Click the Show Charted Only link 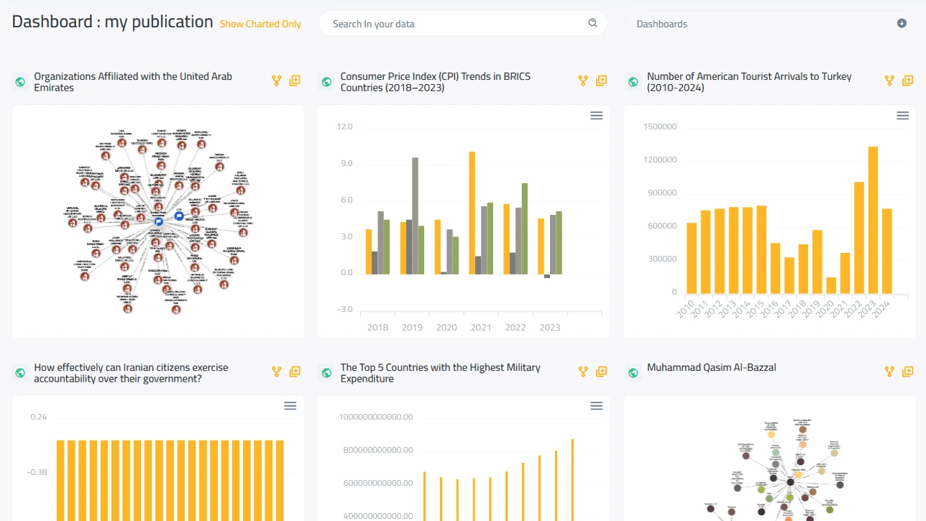pos(260,24)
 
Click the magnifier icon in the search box pos(592,23)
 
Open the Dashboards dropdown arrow pos(902,23)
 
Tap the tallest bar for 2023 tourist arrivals pos(872,220)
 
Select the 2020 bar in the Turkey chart pos(831,285)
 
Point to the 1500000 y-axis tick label pos(660,126)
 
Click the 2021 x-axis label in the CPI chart pos(481,328)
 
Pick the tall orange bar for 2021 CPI pos(472,213)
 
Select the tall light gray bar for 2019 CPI pos(415,216)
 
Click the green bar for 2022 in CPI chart pos(524,229)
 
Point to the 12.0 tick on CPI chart pos(344,126)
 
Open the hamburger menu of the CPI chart pos(596,116)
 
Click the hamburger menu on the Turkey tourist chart pos(902,116)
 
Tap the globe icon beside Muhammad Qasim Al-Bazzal pos(633,372)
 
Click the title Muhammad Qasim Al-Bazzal pos(711,367)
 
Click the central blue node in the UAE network pos(158,223)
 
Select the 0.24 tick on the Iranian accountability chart pos(38,417)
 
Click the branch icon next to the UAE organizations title pos(276,81)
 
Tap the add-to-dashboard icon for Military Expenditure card pos(601,372)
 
